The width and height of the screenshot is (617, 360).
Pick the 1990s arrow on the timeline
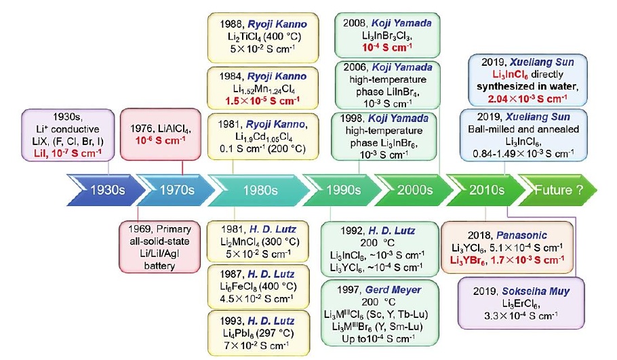pos(339,191)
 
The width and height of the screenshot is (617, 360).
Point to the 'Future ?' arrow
pos(559,191)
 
